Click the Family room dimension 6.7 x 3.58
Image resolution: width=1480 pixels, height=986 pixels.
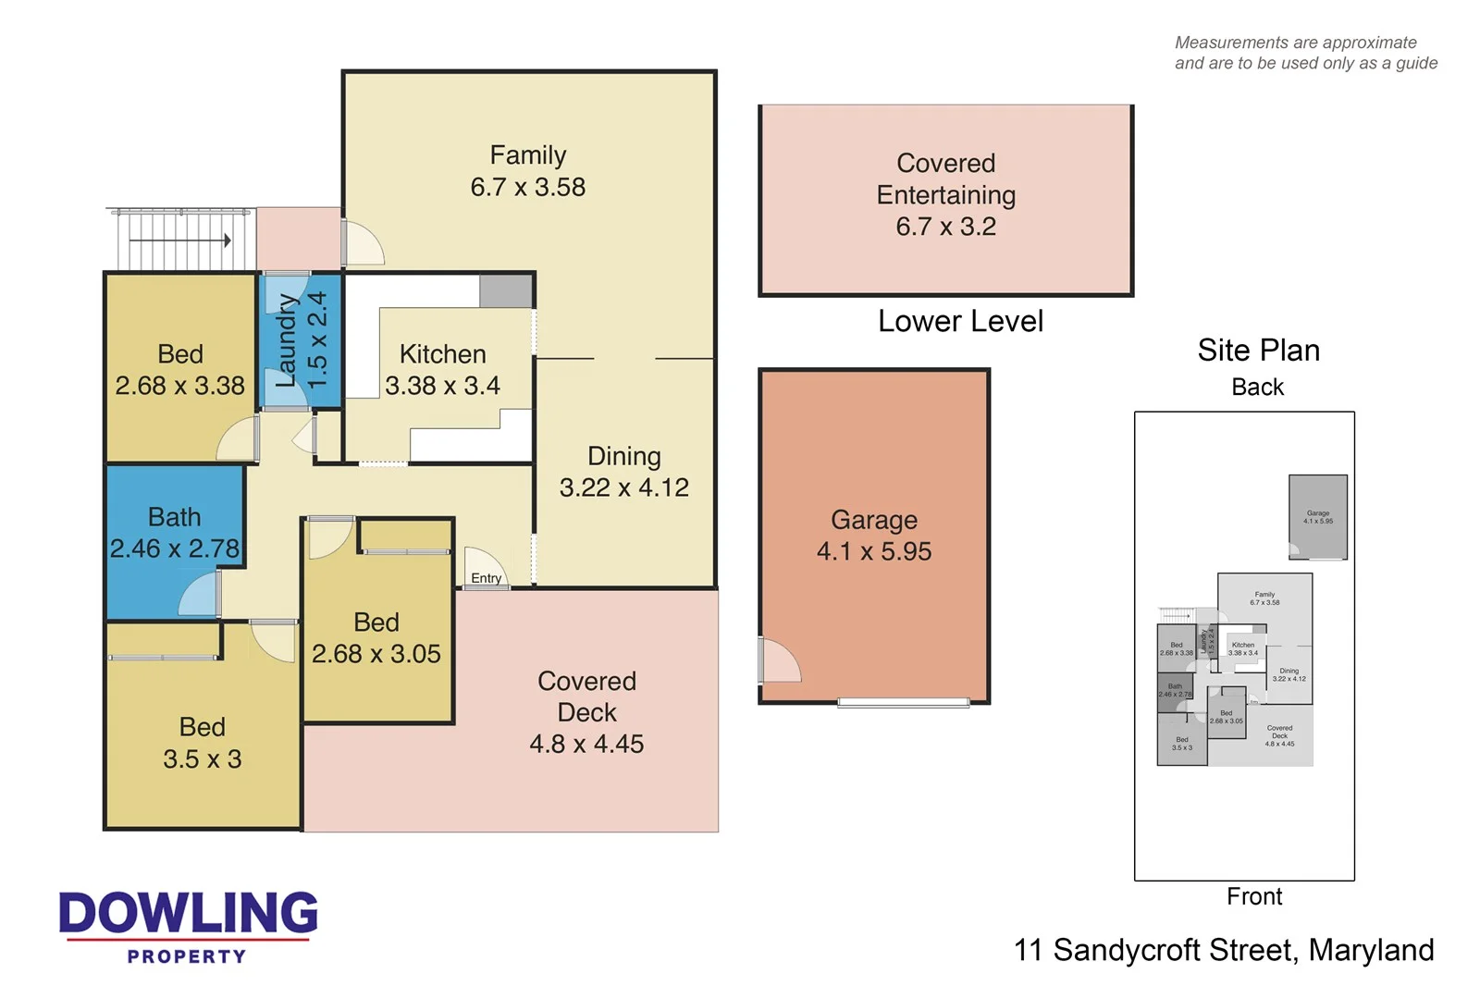point(527,187)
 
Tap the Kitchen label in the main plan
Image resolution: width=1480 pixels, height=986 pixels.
point(442,354)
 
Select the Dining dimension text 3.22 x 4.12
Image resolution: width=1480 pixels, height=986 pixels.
point(623,487)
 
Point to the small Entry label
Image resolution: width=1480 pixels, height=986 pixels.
point(486,578)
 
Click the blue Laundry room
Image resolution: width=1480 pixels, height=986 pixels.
point(300,340)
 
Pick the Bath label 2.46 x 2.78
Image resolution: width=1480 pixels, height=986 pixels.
point(174,534)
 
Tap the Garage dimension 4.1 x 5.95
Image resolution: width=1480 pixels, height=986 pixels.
point(873,551)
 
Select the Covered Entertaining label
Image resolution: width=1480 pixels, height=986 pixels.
point(945,179)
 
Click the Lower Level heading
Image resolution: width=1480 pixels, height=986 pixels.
point(960,321)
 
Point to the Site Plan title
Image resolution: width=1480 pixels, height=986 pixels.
point(1258,350)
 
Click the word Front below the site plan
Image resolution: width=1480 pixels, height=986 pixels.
point(1253,896)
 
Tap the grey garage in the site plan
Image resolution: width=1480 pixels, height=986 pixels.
point(1317,516)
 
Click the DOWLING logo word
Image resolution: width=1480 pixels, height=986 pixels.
point(188,913)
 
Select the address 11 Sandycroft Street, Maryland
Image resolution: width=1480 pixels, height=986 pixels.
point(1223,950)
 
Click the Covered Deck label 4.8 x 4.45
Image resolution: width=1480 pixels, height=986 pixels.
point(586,712)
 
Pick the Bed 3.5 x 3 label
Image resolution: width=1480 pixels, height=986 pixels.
point(202,743)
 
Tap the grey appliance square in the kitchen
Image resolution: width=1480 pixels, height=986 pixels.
point(505,290)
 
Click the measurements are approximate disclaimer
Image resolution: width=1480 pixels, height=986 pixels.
point(1304,53)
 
